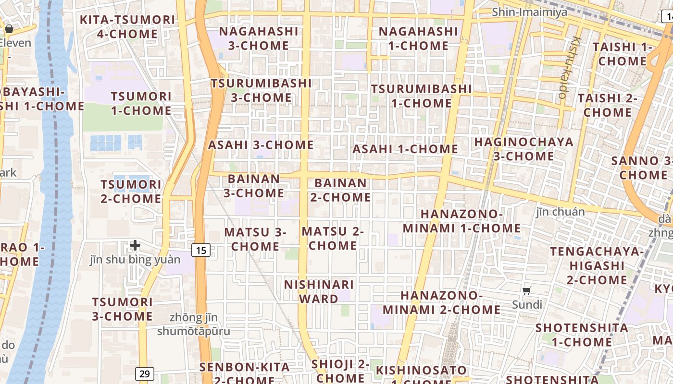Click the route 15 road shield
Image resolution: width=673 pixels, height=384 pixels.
coord(201,250)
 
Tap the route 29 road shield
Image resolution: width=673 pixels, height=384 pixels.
coord(144,373)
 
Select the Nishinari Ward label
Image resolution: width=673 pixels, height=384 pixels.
coord(319,291)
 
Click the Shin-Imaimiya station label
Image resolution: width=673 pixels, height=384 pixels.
coord(529,12)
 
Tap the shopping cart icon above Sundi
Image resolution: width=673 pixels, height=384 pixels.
coord(527,290)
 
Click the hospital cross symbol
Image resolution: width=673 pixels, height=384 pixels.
coord(135,246)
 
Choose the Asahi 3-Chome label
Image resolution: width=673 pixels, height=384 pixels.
coord(261,145)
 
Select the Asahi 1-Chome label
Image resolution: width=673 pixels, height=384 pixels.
coord(405,149)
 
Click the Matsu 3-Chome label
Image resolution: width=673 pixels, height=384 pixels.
coord(255,239)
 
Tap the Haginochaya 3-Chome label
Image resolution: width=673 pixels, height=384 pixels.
coord(524,149)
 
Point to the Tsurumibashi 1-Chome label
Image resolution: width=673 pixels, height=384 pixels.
coord(421,96)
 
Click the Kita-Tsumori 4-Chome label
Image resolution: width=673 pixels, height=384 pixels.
coord(127,27)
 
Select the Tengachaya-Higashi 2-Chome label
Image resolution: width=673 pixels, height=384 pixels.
coord(598,265)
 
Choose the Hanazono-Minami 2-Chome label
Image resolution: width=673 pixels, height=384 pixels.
coord(441,302)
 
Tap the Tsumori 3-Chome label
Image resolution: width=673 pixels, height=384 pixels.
coord(122,309)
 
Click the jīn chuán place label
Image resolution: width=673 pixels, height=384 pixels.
coord(560,212)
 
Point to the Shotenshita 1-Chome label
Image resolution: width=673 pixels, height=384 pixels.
coord(582,335)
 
